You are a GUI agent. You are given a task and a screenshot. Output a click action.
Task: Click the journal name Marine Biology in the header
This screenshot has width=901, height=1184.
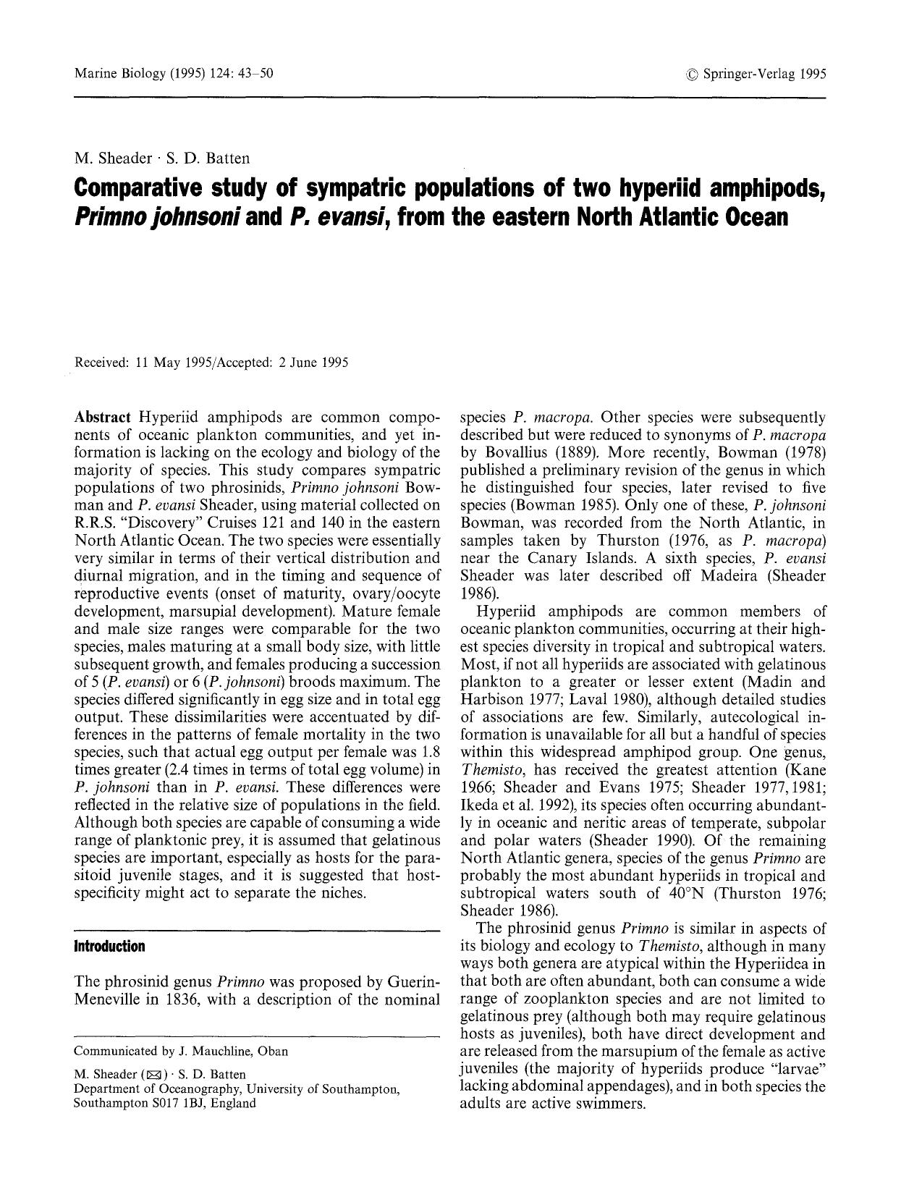coord(119,73)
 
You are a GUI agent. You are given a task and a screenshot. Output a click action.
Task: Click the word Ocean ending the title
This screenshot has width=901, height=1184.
coord(749,216)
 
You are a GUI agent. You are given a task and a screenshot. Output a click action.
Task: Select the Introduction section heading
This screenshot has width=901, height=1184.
coord(110,946)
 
